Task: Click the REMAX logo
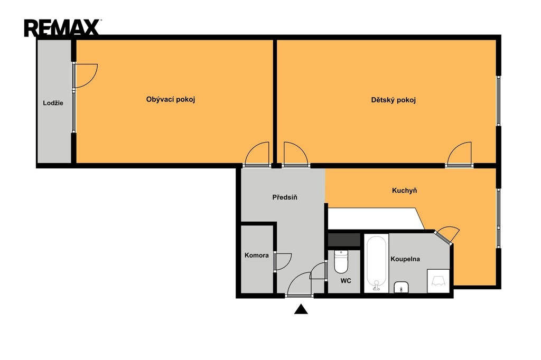[x=62, y=27]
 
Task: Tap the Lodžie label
[x=53, y=103]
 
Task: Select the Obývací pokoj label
[x=171, y=100]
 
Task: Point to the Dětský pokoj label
[x=393, y=100]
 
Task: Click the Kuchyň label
[x=404, y=191]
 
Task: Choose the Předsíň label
[x=285, y=197]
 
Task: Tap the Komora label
[x=256, y=255]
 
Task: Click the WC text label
[x=346, y=281]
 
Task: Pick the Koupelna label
[x=405, y=259]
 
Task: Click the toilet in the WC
[x=341, y=261]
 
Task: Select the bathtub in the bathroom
[x=376, y=263]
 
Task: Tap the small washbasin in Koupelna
[x=402, y=287]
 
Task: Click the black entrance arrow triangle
[x=301, y=309]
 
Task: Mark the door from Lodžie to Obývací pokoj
[x=85, y=76]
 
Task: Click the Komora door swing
[x=283, y=262]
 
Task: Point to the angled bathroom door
[x=447, y=235]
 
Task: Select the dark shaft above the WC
[x=344, y=240]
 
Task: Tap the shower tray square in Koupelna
[x=438, y=281]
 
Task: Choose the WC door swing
[x=318, y=271]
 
